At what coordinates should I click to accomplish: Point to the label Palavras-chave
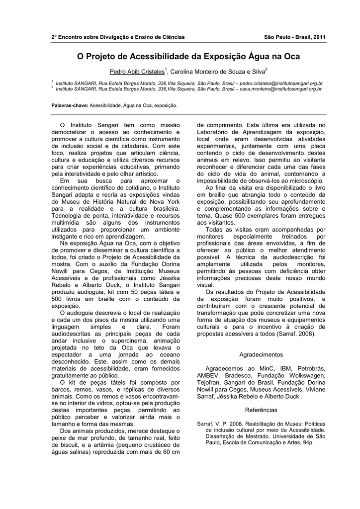(70, 106)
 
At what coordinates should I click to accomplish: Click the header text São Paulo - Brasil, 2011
(295, 37)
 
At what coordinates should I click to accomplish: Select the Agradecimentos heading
(261, 355)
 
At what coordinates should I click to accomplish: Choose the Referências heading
(261, 410)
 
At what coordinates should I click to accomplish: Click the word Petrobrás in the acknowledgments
(308, 368)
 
